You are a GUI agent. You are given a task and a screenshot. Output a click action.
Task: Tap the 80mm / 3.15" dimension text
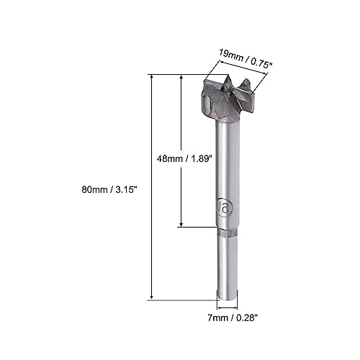point(109,190)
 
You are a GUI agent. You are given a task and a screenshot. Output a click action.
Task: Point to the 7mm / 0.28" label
point(233,318)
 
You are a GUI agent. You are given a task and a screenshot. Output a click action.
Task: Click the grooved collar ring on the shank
point(228,233)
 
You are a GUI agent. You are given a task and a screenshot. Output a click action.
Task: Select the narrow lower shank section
point(228,269)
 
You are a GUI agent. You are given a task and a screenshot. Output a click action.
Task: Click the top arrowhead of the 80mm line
point(151,77)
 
